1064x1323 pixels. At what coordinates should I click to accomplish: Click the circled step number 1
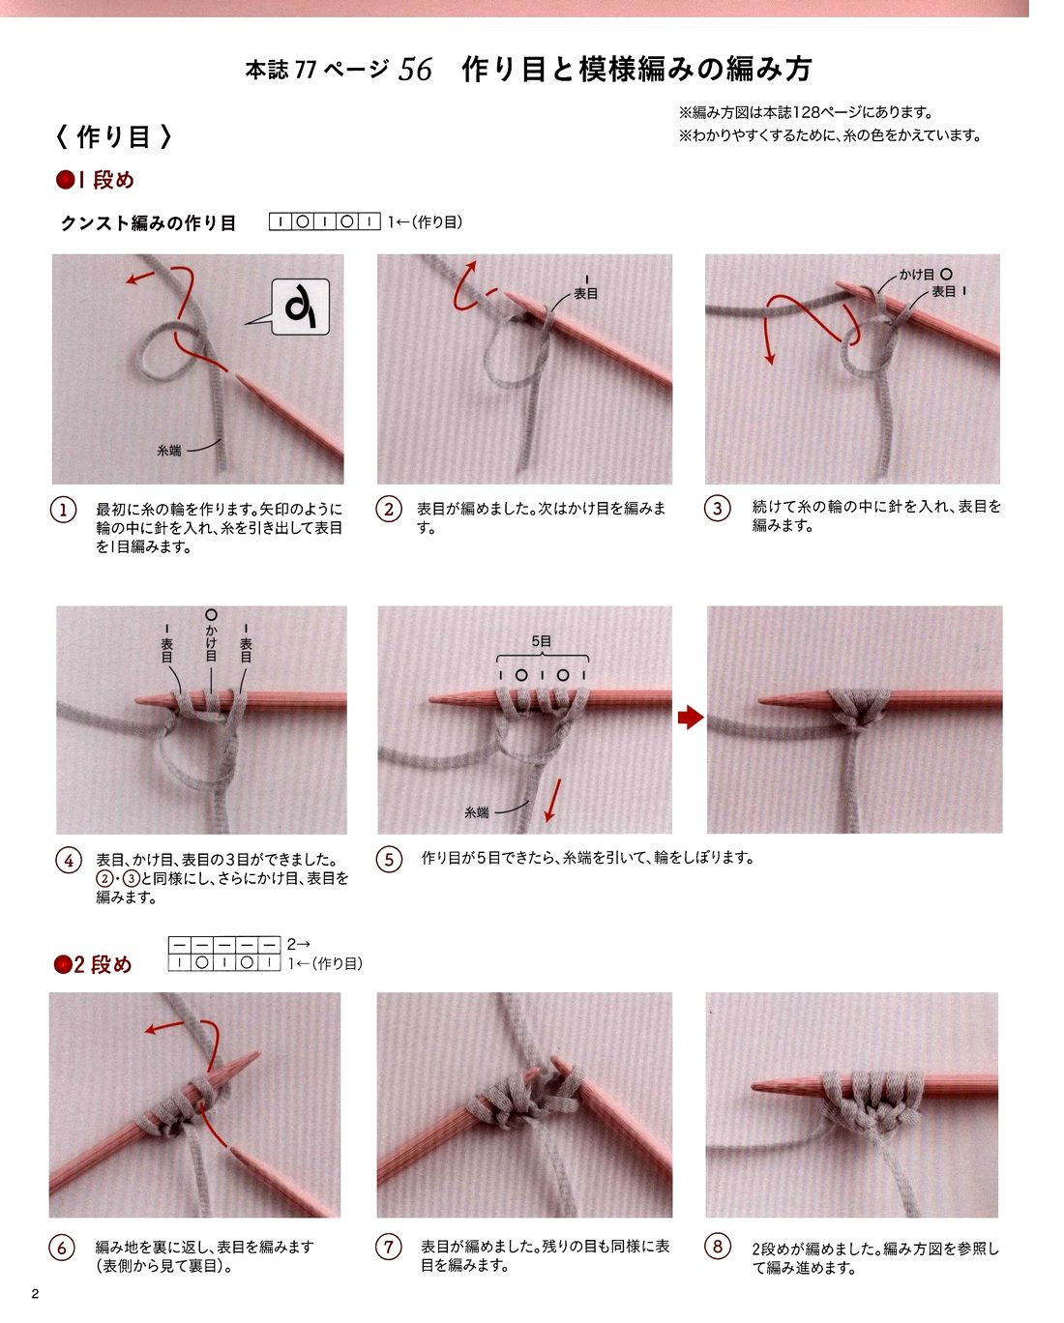[63, 510]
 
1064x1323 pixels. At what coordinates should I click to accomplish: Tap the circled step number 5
[389, 859]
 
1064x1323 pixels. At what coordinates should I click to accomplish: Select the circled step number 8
[717, 1247]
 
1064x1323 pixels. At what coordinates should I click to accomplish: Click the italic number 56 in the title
[415, 70]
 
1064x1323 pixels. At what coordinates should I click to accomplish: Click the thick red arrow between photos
[691, 717]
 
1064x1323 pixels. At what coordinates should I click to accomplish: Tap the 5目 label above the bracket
[542, 641]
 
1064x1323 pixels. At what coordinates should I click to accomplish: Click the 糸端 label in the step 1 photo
[169, 451]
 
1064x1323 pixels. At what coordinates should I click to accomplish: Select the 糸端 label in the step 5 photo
[477, 812]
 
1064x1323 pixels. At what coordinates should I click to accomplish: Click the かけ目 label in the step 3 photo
[916, 275]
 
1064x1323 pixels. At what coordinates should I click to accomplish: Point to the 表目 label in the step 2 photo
[585, 294]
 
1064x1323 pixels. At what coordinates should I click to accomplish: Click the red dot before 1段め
[65, 180]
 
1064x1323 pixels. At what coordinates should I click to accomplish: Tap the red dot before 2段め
[63, 964]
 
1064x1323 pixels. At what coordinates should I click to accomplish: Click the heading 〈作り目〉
[113, 136]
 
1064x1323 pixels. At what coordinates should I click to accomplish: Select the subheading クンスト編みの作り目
[148, 222]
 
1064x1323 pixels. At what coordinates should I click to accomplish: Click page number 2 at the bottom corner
[35, 1293]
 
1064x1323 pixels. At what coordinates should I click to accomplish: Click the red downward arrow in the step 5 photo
[553, 800]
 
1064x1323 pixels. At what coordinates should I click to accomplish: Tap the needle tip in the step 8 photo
[753, 1087]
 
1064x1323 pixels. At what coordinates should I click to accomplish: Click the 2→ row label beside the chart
[298, 944]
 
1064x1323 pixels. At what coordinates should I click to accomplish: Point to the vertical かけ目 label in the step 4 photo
[211, 643]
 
